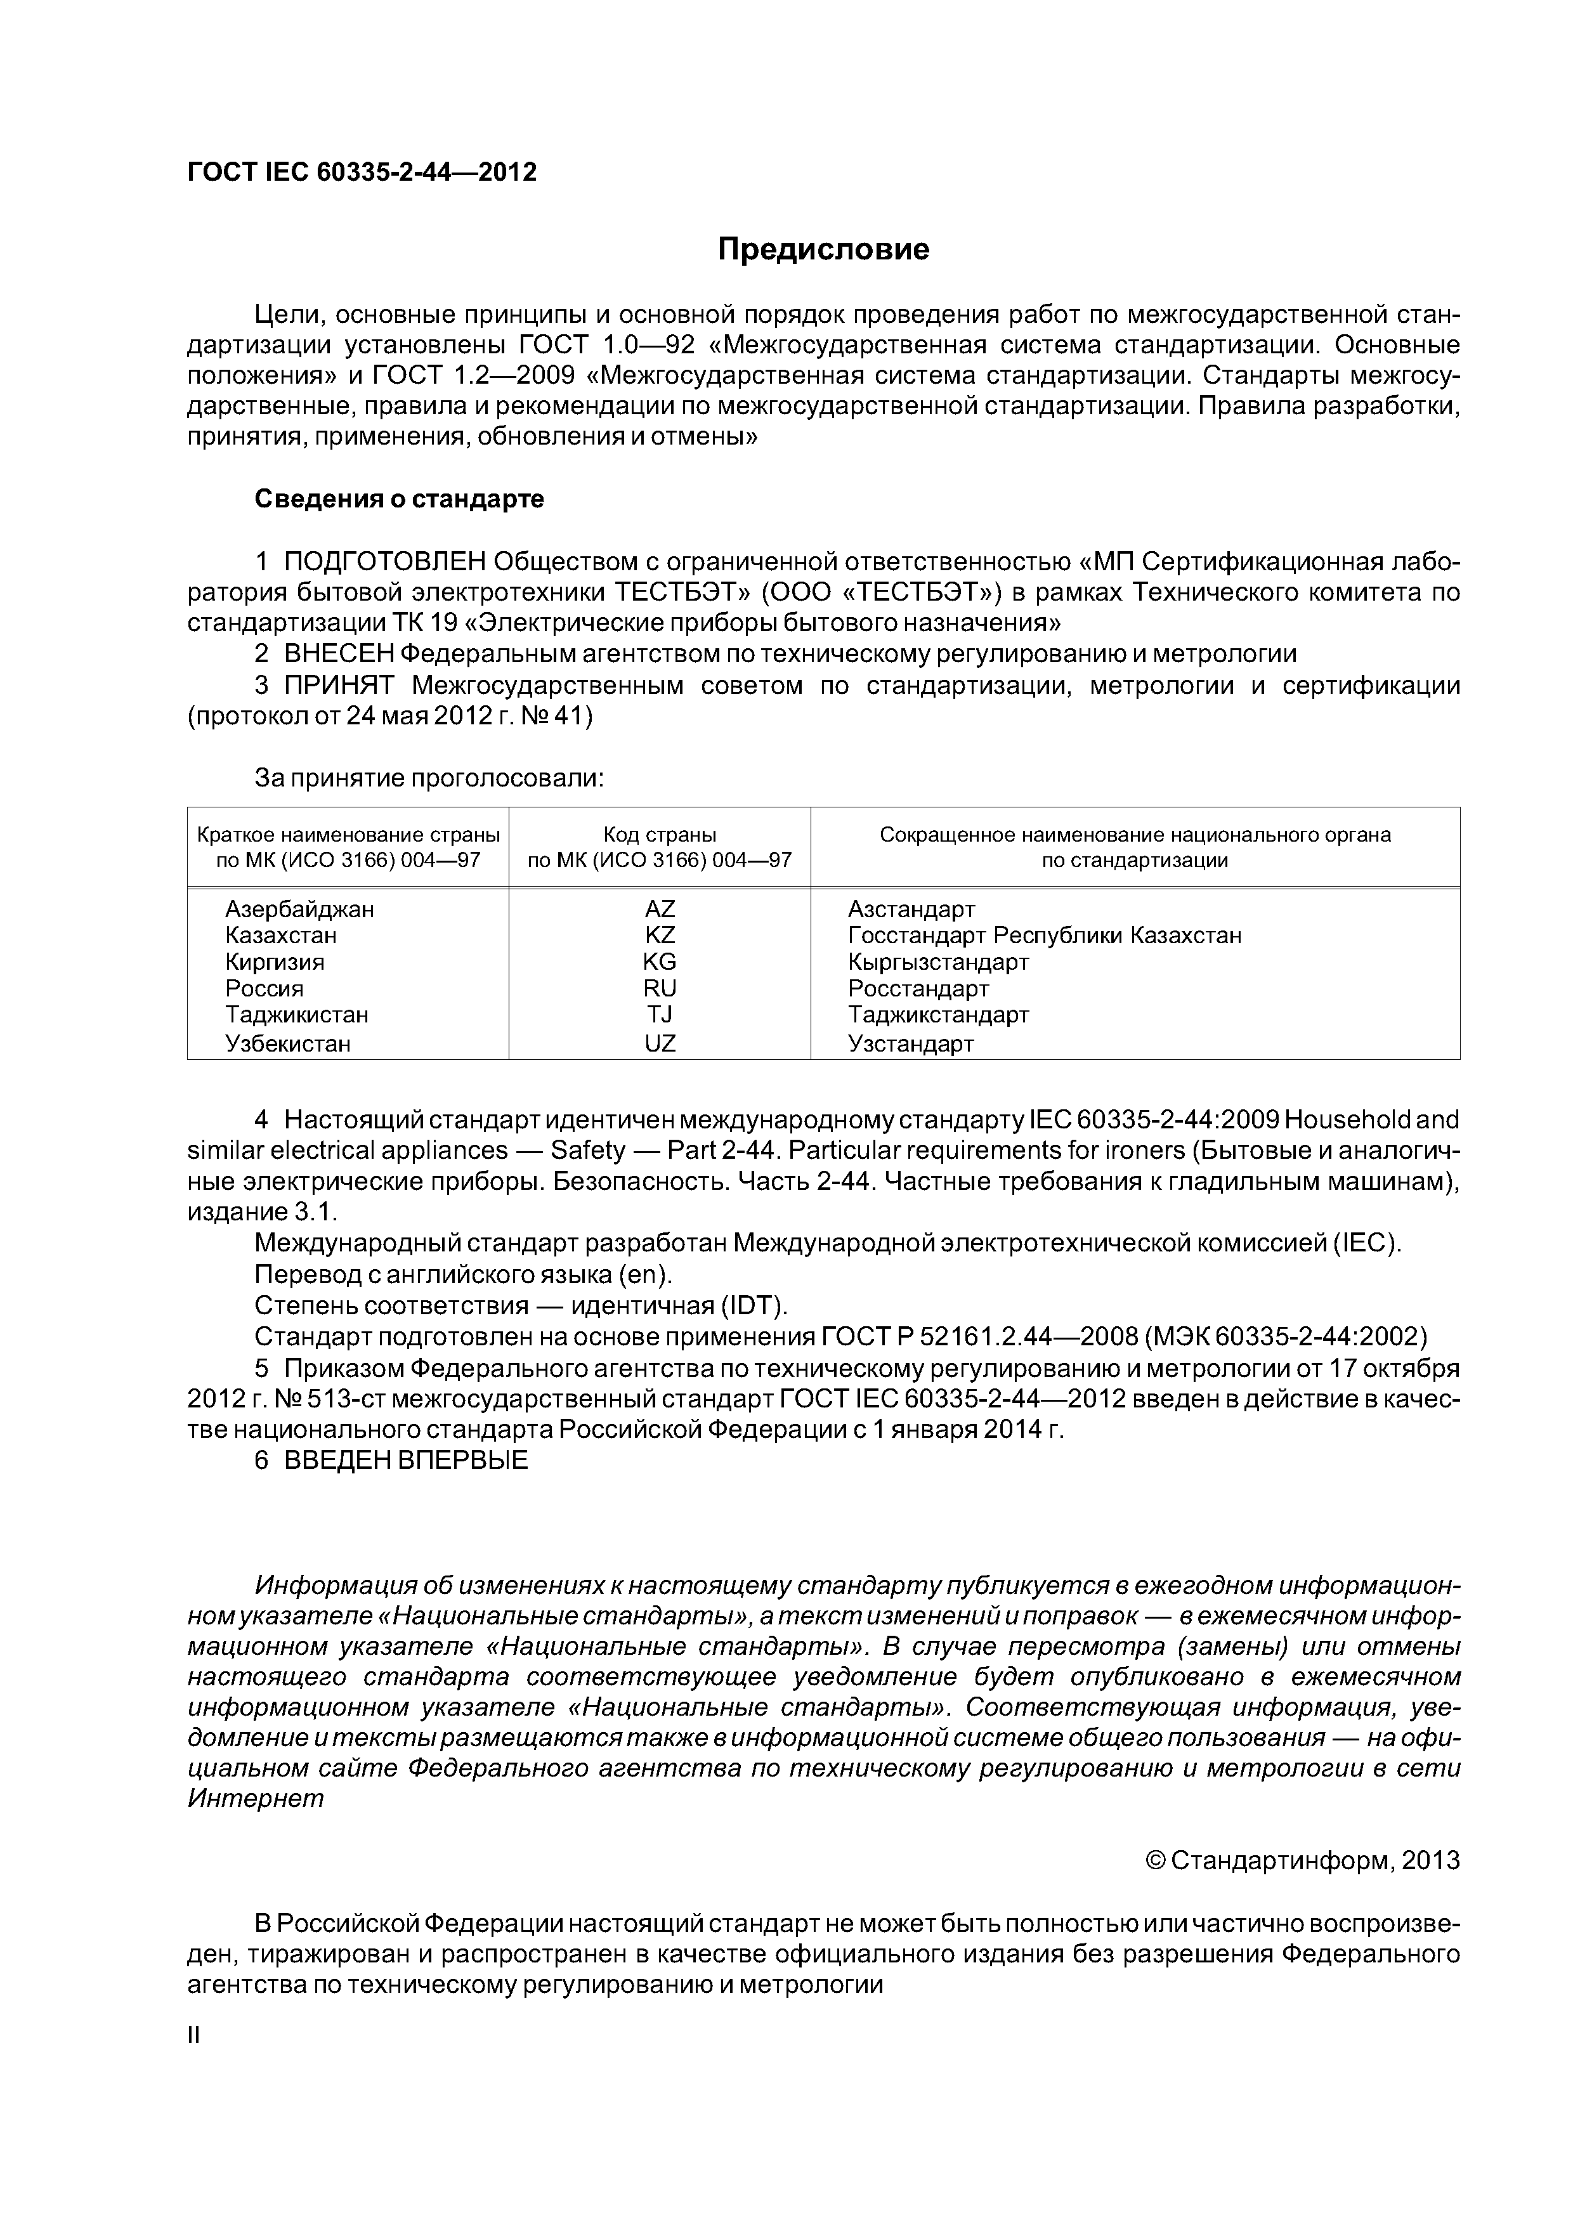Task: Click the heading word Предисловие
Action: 823,250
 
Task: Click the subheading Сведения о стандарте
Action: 400,499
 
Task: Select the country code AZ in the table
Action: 660,909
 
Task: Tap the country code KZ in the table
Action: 660,935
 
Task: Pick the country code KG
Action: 660,962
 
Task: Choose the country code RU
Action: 660,988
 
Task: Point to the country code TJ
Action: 660,1015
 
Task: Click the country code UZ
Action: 660,1044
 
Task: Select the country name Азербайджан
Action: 299,909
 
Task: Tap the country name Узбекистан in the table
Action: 288,1044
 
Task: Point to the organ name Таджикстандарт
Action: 938,1015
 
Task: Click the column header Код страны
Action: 660,835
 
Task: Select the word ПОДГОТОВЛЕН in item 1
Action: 385,561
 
